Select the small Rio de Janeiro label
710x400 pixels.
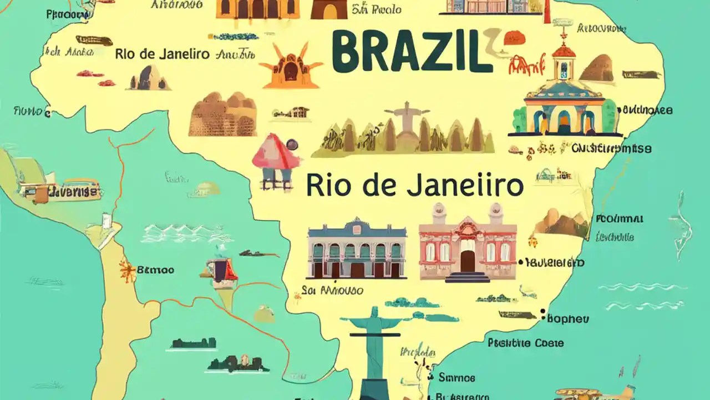162,54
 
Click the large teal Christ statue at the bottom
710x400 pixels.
372,344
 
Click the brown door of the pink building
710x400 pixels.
468,261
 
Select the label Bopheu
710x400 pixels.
568,319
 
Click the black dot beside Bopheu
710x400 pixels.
543,312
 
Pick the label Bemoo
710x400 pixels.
155,271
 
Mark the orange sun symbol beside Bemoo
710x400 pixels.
127,271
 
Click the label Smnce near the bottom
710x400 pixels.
457,378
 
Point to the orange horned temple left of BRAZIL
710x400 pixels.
290,67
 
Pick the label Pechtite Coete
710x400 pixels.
526,343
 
